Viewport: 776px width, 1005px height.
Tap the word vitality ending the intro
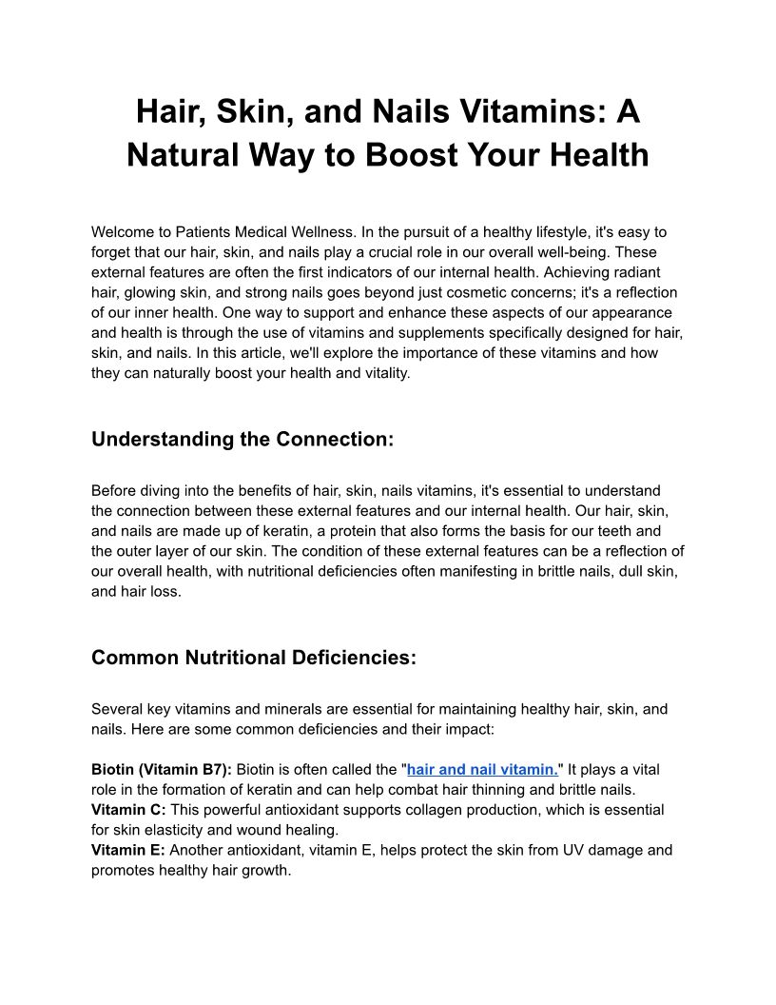pos(381,373)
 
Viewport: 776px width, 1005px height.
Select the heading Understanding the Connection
pos(242,439)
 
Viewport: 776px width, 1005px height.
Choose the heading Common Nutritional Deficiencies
pos(253,658)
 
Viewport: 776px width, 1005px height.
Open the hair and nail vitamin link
pos(482,769)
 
